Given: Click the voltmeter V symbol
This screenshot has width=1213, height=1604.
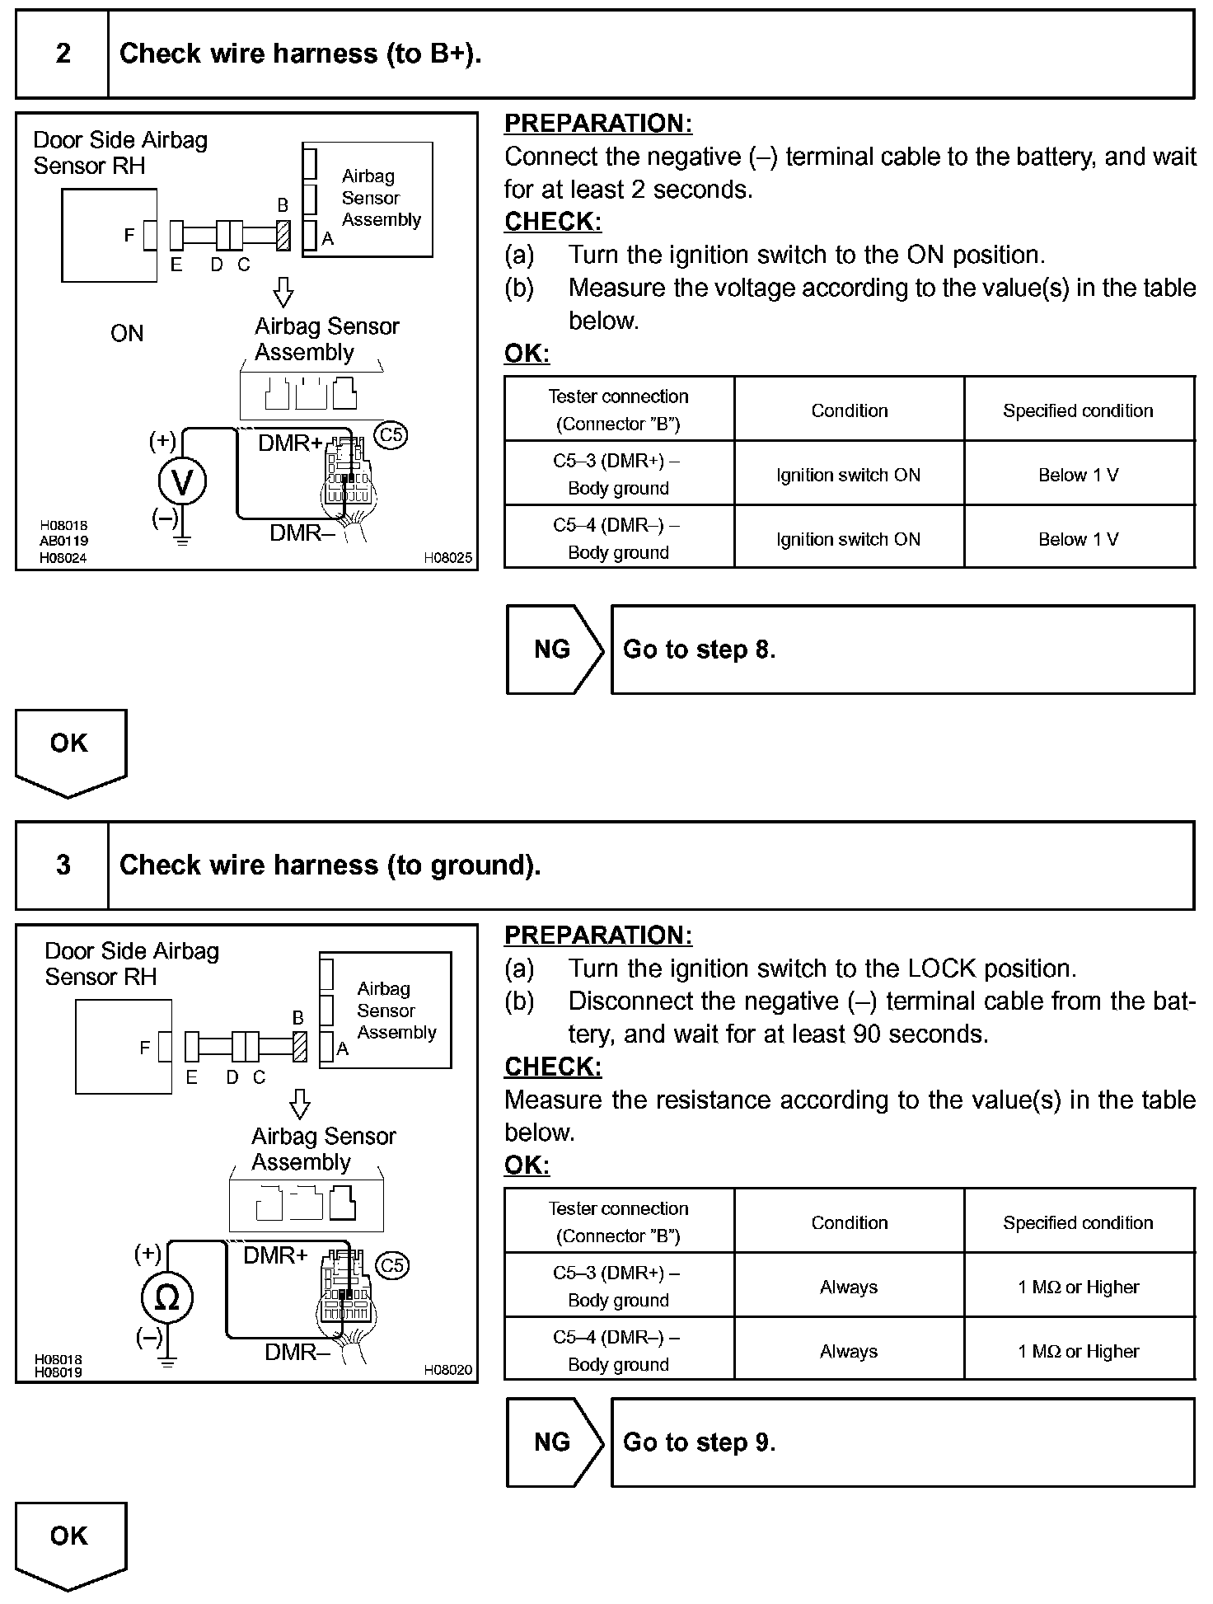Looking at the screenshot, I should point(182,482).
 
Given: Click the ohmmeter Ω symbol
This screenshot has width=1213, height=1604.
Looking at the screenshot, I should point(166,1298).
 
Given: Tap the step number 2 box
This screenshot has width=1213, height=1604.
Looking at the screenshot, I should point(63,54).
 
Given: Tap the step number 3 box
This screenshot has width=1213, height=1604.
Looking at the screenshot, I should point(63,865).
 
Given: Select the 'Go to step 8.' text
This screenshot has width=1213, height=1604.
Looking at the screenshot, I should point(699,650).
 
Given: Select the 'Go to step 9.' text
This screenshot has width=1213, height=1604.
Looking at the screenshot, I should point(699,1442).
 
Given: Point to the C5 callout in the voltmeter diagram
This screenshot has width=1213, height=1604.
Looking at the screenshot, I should point(391,434).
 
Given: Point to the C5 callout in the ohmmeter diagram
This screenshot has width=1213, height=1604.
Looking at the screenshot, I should point(391,1264).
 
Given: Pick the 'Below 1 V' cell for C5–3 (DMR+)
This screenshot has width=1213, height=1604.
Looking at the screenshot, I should point(1079,475).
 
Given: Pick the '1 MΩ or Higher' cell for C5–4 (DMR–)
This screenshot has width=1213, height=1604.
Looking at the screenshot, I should point(1079,1351).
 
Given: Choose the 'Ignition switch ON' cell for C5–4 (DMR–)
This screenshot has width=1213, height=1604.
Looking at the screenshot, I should point(849,539).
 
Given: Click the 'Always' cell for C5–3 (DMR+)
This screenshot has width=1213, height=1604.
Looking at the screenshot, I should point(849,1287).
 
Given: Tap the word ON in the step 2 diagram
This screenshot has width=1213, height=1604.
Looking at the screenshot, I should point(127,334).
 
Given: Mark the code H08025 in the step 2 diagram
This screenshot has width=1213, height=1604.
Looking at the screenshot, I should point(448,558).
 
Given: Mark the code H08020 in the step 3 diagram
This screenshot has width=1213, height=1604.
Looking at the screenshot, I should point(448,1369).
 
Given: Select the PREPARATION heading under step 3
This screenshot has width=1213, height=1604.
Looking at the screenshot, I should point(598,936).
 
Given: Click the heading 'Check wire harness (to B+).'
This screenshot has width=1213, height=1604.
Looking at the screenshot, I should point(300,54).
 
